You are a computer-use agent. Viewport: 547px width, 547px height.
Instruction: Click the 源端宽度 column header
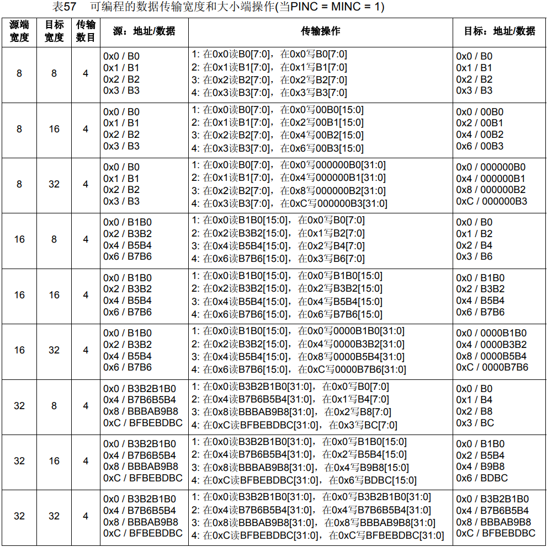pyautogui.click(x=19, y=31)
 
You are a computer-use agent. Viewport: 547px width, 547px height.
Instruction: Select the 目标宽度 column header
pyautogui.click(x=54, y=31)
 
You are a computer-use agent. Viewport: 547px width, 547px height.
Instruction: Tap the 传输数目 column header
pyautogui.click(x=86, y=31)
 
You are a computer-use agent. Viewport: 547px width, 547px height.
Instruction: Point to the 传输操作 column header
pyautogui.click(x=320, y=31)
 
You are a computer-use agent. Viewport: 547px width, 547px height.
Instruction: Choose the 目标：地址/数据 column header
pyautogui.click(x=500, y=31)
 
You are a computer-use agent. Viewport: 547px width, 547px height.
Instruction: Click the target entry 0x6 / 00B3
pyautogui.click(x=480, y=146)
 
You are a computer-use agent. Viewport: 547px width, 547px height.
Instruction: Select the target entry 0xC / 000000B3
pyautogui.click(x=491, y=201)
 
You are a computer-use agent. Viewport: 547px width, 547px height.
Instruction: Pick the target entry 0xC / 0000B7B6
pyautogui.click(x=492, y=367)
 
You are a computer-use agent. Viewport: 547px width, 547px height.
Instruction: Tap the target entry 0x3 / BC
pyautogui.click(x=475, y=423)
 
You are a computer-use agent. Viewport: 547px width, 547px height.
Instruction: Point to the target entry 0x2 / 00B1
pyautogui.click(x=480, y=123)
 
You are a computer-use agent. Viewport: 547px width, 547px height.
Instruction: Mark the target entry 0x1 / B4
pyautogui.click(x=474, y=400)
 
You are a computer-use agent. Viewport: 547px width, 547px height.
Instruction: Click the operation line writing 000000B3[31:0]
pyautogui.click(x=289, y=203)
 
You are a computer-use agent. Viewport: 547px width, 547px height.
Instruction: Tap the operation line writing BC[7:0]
pyautogui.click(x=294, y=425)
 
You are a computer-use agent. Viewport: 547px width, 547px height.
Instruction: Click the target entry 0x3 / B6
pyautogui.click(x=474, y=256)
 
